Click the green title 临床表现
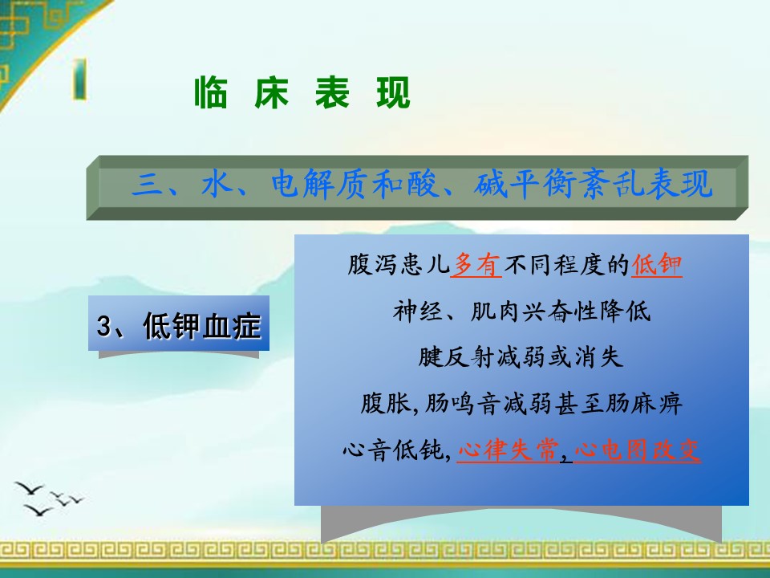pyautogui.click(x=302, y=92)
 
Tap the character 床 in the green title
pyautogui.click(x=272, y=92)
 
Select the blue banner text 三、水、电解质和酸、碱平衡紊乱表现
pyautogui.click(x=422, y=184)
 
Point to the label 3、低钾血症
pyautogui.click(x=178, y=325)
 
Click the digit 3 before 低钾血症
pyautogui.click(x=103, y=326)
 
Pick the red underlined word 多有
pyautogui.click(x=476, y=265)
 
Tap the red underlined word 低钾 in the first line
pyautogui.click(x=657, y=265)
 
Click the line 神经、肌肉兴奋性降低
pyautogui.click(x=521, y=311)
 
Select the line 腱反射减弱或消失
pyautogui.click(x=521, y=356)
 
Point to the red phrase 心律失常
pyautogui.click(x=509, y=450)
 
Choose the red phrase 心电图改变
pyautogui.click(x=637, y=450)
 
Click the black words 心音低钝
pyautogui.click(x=394, y=450)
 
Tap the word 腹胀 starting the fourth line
pyautogui.click(x=386, y=404)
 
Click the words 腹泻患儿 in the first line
pyautogui.click(x=399, y=265)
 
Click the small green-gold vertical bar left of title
pyautogui.click(x=80, y=79)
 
